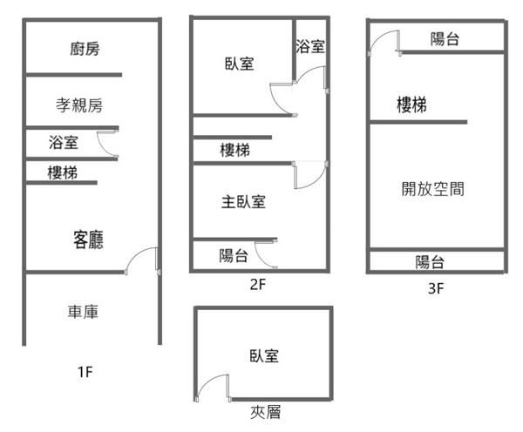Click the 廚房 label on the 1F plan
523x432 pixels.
click(x=85, y=49)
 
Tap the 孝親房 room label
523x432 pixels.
click(x=79, y=105)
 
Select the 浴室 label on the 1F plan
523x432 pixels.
click(x=64, y=142)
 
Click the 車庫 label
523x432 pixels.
click(x=84, y=311)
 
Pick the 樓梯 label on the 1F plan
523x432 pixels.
click(x=62, y=172)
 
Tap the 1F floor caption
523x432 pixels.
click(x=85, y=373)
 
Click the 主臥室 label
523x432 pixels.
click(x=243, y=202)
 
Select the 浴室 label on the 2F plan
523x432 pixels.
click(x=310, y=46)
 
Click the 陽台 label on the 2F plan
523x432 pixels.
click(x=232, y=255)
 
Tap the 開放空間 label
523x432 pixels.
click(x=432, y=188)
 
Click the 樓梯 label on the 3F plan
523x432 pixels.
click(x=411, y=105)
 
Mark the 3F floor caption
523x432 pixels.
click(x=437, y=288)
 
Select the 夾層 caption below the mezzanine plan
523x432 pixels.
click(x=262, y=412)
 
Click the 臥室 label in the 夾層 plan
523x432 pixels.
click(x=263, y=355)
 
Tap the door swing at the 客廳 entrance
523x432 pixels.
click(x=142, y=260)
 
